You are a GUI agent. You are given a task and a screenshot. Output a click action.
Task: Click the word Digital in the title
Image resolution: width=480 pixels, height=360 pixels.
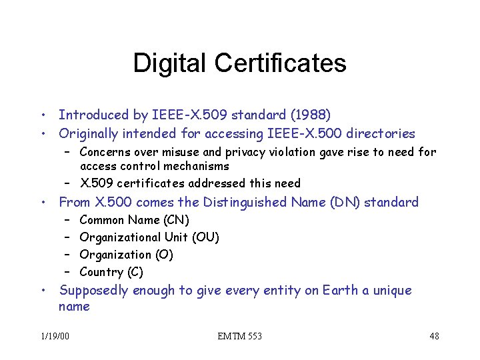point(170,63)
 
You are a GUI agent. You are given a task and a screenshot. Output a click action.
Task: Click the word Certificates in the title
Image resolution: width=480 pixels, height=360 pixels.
point(280,63)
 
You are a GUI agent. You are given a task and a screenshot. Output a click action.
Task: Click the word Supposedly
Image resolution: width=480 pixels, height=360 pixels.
point(94,291)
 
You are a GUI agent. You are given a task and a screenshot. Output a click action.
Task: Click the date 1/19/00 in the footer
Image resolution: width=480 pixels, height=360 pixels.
point(55,336)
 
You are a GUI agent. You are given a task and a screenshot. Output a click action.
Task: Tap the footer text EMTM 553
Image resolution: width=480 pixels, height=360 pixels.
point(240,336)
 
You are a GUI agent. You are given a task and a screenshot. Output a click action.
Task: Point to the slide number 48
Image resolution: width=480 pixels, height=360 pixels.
point(434,336)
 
